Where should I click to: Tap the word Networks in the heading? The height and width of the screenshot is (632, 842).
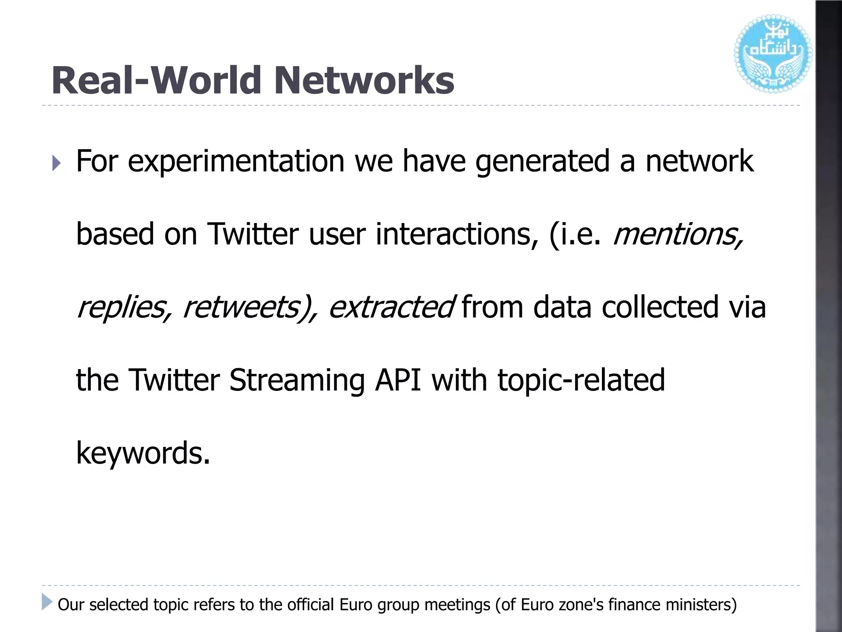pos(364,81)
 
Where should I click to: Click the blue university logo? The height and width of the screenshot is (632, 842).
pos(773,53)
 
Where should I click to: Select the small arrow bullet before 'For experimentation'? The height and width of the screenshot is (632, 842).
pos(57,163)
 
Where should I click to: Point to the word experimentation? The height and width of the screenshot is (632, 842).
pos(236,161)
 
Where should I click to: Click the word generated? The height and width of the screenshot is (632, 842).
pos(542,161)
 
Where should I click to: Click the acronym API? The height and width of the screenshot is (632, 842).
pos(398,380)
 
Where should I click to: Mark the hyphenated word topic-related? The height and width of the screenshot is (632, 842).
pos(581,380)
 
